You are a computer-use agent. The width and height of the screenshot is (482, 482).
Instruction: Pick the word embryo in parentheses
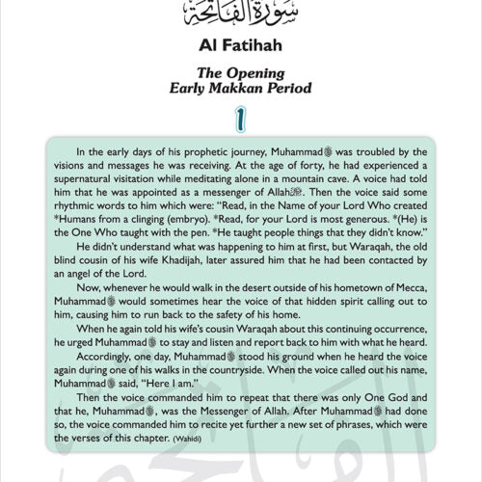click(200, 222)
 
